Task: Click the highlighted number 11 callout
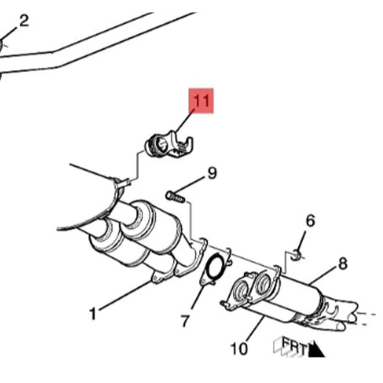click(x=201, y=101)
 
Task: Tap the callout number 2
click(x=23, y=21)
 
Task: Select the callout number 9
click(x=212, y=173)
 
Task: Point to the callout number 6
click(x=310, y=221)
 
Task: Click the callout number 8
click(x=343, y=264)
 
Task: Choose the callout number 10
click(x=239, y=349)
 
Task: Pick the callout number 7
click(x=185, y=321)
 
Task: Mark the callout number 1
click(x=93, y=314)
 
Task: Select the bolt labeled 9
click(x=175, y=197)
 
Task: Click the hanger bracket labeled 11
click(x=169, y=146)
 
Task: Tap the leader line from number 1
click(x=125, y=295)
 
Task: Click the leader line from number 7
click(x=198, y=297)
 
